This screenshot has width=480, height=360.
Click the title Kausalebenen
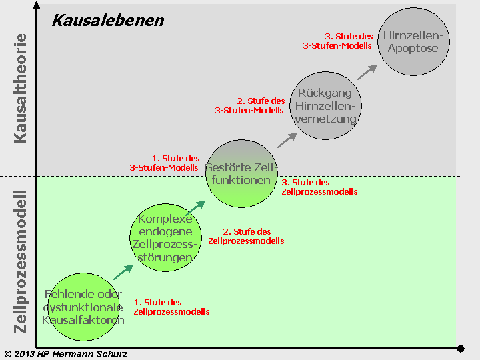coord(108,20)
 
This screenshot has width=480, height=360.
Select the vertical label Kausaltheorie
coord(21,88)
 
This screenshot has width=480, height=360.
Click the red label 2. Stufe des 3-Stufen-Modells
coord(250,105)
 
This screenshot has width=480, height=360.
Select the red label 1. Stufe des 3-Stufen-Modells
coord(165,163)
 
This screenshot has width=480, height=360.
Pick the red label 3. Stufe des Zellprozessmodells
coord(319,187)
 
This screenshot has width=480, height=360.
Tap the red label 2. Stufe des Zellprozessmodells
coord(246,236)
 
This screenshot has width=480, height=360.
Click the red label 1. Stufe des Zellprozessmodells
coord(171,307)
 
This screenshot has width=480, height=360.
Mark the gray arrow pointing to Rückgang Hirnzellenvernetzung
coord(287,139)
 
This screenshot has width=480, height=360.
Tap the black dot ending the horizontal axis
coord(460,348)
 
